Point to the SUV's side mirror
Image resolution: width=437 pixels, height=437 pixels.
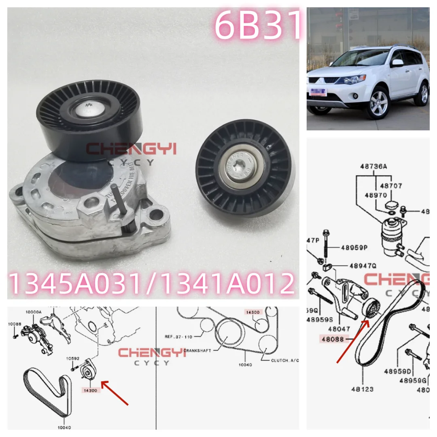(x=398, y=63)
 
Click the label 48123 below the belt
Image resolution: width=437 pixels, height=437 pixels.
(x=362, y=389)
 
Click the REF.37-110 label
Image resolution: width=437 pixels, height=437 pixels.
(x=178, y=335)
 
